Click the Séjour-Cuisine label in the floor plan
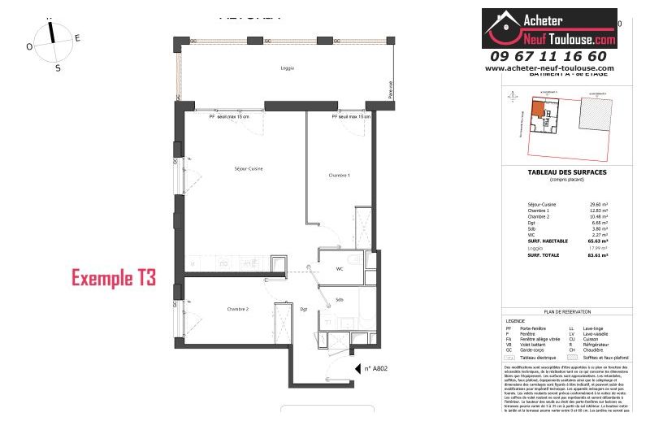(249, 168)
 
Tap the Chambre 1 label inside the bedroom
(338, 175)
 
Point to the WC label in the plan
(341, 268)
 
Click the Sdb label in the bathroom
(339, 300)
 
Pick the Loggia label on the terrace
(284, 67)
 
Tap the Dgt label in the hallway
(303, 310)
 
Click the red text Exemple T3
(113, 278)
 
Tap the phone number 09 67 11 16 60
(548, 56)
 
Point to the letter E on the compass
(77, 37)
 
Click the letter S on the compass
(57, 68)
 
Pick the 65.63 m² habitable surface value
(597, 241)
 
